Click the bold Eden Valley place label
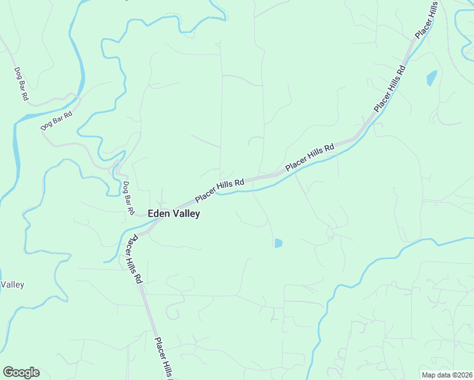tap(174, 214)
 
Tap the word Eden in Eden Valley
tap(158, 214)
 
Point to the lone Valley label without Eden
tap(12, 285)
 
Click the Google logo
tap(21, 372)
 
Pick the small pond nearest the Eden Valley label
tap(278, 243)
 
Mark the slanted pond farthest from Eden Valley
tap(432, 78)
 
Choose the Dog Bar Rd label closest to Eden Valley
tap(129, 197)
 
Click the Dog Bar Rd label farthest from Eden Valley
tap(21, 84)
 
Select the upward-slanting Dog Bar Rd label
tap(57, 120)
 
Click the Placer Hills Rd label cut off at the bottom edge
tap(163, 358)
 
